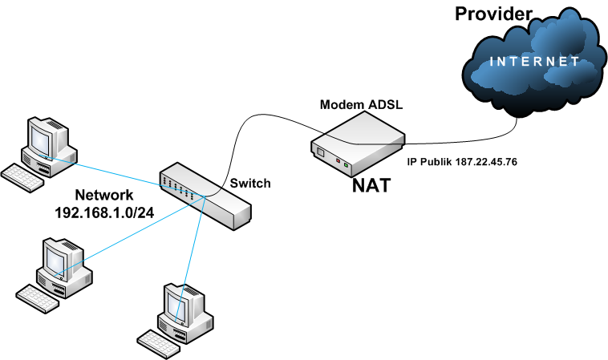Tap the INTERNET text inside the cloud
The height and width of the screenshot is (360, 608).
tap(534, 61)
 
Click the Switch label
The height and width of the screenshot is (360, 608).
tap(250, 184)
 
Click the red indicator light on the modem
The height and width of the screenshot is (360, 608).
tap(338, 162)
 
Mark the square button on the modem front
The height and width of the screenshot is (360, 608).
tap(320, 152)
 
